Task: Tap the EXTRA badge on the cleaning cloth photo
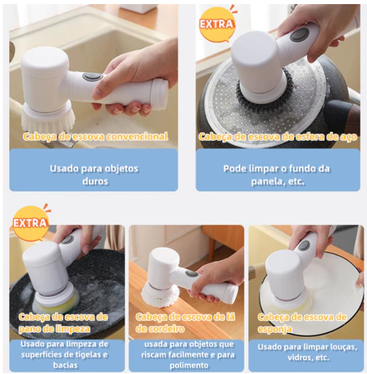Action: coord(30,224)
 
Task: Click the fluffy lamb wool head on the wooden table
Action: coord(161,296)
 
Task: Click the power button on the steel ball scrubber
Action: coord(299,34)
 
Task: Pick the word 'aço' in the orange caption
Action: coord(348,137)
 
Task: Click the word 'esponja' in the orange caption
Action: coord(274,330)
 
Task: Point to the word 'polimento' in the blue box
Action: coord(189,366)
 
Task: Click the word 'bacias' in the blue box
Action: coord(66,365)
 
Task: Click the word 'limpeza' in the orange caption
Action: coord(72,329)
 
